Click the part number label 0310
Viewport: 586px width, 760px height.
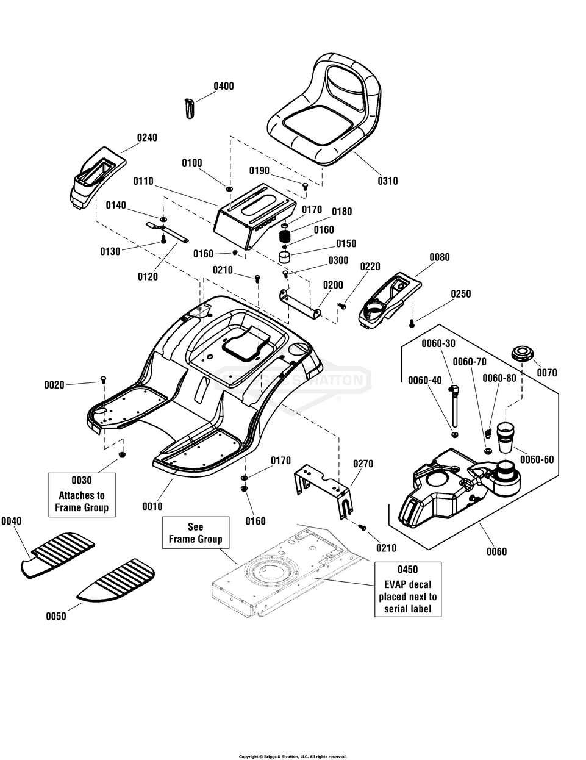click(x=387, y=181)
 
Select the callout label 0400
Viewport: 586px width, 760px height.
click(x=224, y=86)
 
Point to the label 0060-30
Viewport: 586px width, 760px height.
click(x=438, y=343)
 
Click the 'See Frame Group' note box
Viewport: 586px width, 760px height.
click(x=196, y=532)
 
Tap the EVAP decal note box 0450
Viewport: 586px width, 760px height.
click(x=408, y=589)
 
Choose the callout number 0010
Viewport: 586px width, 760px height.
click(x=152, y=506)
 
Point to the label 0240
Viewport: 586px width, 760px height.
click(x=147, y=137)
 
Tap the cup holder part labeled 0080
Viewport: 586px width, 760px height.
click(x=390, y=300)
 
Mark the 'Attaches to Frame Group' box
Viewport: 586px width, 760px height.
click(x=82, y=495)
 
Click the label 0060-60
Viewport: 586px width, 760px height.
click(x=537, y=459)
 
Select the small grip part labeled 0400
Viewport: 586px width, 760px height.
click(x=189, y=109)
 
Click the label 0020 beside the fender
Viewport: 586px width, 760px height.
click(x=54, y=385)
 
